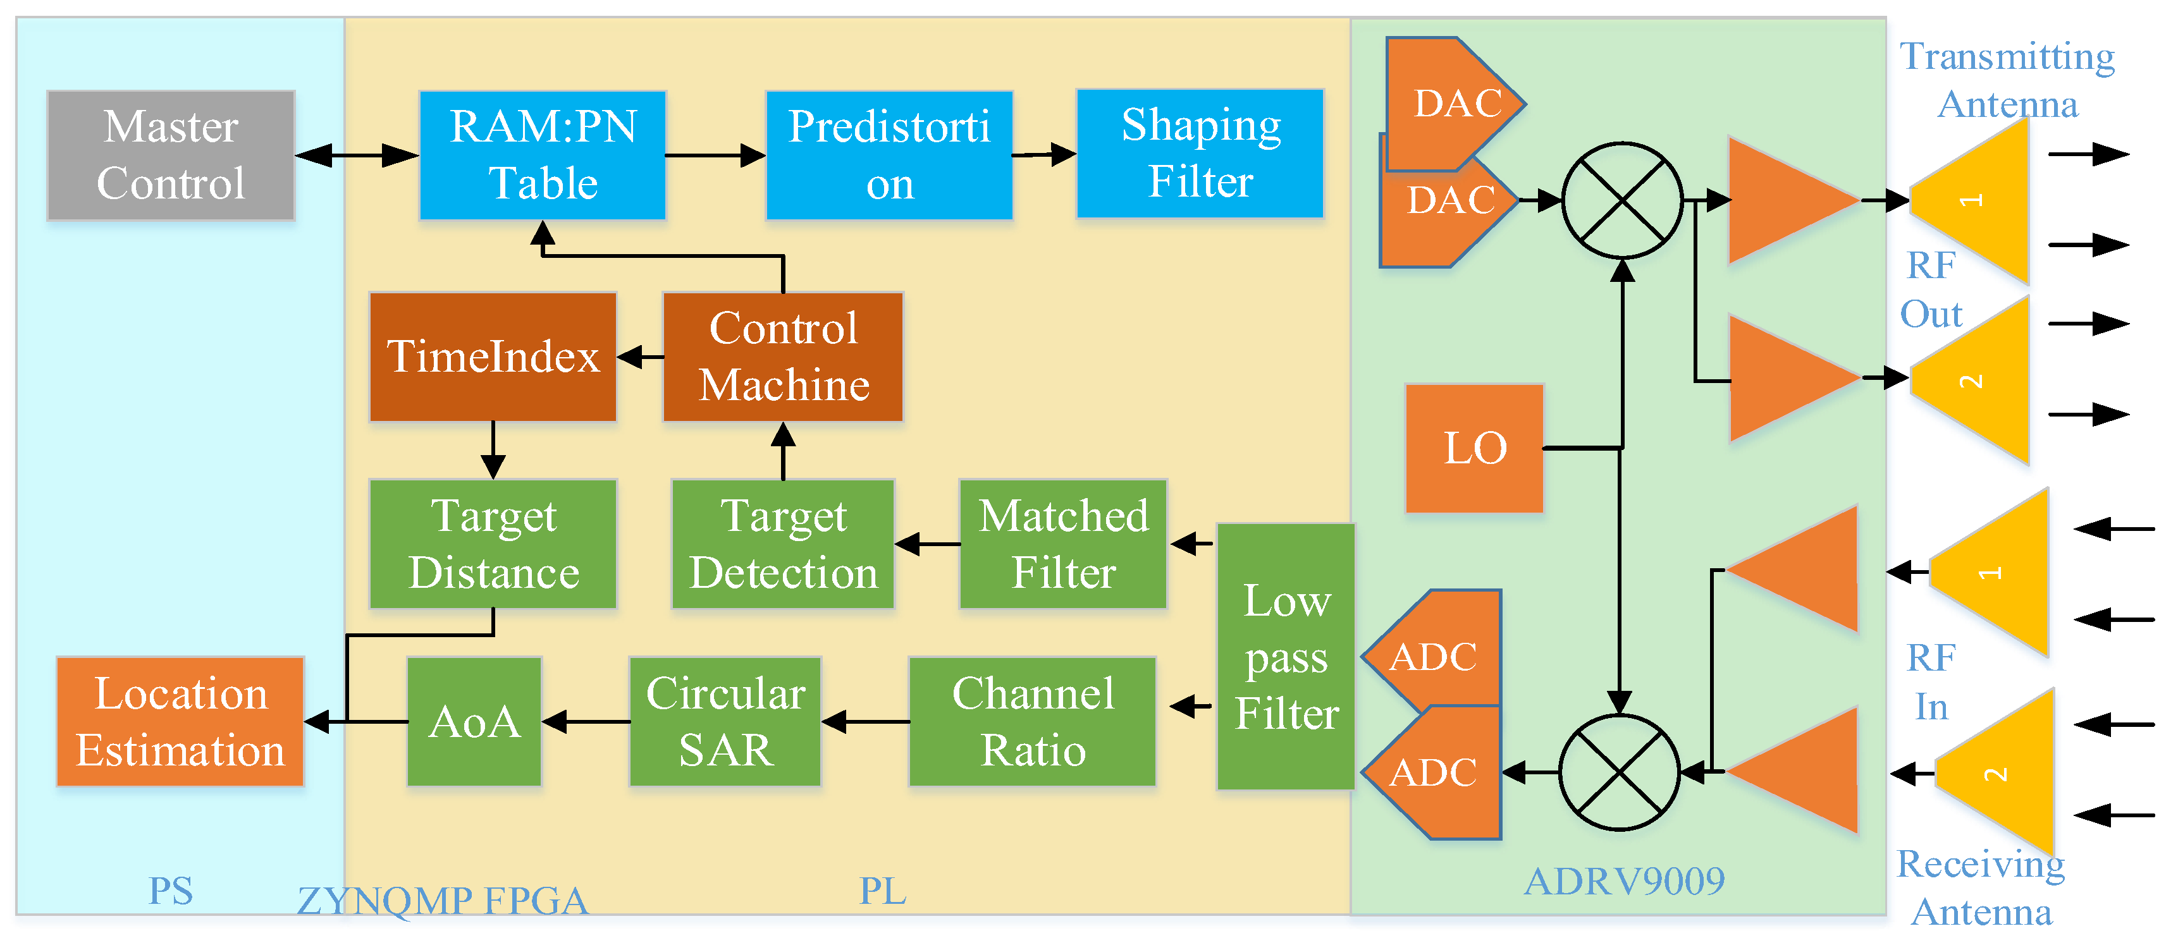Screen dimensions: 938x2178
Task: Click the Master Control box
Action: coord(171,155)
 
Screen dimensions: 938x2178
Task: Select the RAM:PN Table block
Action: coord(543,155)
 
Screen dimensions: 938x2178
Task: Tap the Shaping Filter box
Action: coord(1200,154)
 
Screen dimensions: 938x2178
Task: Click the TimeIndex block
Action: coord(493,356)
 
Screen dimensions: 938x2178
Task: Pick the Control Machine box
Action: coord(783,356)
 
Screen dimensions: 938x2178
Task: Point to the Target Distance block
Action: coord(493,544)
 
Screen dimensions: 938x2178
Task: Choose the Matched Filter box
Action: coord(1063,544)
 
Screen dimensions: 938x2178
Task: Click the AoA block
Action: coord(474,722)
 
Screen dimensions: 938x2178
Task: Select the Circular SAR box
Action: coord(725,722)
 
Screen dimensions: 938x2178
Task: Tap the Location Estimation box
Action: coord(180,722)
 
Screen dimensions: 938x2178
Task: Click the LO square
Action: coord(1475,448)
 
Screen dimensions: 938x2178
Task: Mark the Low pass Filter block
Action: coord(1286,657)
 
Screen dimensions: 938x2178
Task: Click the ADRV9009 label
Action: coord(1623,881)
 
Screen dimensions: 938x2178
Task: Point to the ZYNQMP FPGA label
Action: coord(442,901)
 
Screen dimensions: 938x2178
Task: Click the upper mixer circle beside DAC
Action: coord(1621,200)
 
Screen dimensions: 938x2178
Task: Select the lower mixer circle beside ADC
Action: coord(1619,772)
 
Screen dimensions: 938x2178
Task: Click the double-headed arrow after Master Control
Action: coord(357,155)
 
